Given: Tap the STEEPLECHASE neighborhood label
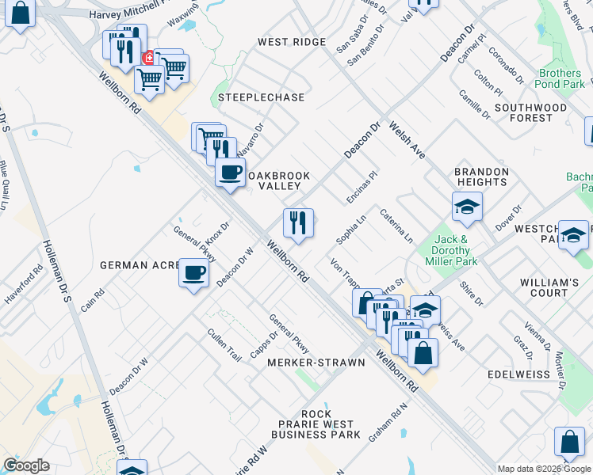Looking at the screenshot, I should click(x=262, y=97).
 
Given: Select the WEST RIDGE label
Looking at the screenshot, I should click(x=292, y=42).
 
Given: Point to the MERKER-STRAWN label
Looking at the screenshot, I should click(x=316, y=363).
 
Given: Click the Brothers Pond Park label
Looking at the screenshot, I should click(x=560, y=78).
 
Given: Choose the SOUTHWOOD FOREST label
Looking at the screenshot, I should click(x=531, y=112).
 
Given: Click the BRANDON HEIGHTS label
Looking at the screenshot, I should click(x=481, y=177).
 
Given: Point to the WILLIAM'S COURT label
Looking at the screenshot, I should click(x=549, y=287).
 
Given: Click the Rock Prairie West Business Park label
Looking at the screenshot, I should click(x=316, y=424).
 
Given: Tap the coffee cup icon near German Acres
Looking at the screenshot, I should click(x=194, y=274).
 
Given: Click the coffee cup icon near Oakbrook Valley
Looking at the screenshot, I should click(x=230, y=172).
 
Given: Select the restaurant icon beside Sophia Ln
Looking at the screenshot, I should click(x=298, y=223).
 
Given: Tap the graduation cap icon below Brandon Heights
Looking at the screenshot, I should click(x=468, y=207).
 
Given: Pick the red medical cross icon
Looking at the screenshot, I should click(x=148, y=58).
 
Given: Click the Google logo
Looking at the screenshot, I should click(x=26, y=465).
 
